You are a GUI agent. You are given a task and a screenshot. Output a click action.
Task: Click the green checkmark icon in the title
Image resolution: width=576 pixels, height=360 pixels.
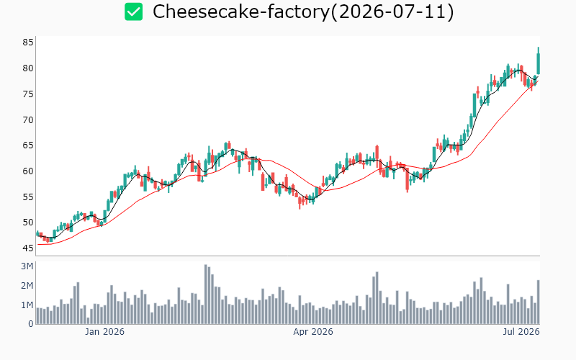133,12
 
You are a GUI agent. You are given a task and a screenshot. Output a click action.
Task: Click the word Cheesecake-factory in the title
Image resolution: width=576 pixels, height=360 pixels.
241,12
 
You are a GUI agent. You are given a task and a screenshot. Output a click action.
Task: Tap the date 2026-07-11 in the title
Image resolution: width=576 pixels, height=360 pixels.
392,12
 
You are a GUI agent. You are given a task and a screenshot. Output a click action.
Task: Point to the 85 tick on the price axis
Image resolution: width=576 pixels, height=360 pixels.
28,42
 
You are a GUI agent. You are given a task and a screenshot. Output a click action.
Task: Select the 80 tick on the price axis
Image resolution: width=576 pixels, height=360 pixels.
28,68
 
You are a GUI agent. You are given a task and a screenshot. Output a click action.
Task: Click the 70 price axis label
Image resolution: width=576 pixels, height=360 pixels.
28,120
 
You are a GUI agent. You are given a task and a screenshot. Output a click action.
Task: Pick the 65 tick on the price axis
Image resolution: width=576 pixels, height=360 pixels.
28,145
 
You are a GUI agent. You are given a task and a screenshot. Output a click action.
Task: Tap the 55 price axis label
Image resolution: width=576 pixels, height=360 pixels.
28,197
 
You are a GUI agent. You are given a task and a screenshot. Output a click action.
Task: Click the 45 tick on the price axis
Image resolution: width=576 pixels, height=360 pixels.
28,248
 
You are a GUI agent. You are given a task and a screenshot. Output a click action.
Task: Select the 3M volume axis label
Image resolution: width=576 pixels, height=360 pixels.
27,266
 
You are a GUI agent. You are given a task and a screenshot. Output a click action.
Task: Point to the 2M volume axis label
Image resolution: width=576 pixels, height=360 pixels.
27,286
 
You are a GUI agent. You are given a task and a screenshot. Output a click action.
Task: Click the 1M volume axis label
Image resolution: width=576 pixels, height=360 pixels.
27,305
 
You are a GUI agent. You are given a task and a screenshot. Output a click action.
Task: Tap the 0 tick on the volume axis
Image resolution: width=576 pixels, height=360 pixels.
31,324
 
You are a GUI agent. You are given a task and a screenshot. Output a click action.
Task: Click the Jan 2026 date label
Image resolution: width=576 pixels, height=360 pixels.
104,332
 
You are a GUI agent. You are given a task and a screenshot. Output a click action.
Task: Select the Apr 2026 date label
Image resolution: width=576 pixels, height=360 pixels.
313,332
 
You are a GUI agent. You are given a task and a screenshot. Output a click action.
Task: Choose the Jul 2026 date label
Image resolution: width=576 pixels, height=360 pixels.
521,332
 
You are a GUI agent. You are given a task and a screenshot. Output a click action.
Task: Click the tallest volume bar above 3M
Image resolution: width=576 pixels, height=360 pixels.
206,294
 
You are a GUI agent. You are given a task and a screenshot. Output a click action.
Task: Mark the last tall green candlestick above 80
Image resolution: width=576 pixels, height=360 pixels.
538,64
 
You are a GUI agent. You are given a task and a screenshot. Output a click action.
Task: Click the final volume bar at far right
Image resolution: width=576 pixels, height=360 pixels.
538,302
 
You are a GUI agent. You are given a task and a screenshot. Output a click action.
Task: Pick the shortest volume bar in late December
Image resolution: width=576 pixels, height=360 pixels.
88,320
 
